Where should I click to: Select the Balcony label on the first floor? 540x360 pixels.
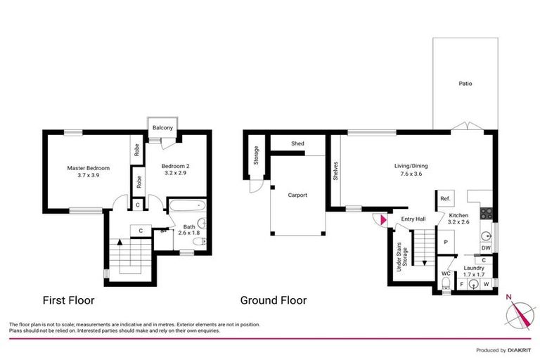tap(163, 127)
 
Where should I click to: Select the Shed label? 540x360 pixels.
tap(298, 143)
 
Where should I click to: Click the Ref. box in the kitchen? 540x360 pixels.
tap(445, 199)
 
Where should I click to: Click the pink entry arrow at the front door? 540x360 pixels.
tap(382, 221)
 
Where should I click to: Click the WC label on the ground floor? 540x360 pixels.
tap(445, 273)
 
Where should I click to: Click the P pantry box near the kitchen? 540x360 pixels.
tap(446, 242)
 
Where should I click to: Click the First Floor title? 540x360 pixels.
tap(68, 300)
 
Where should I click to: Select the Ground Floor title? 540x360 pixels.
tap(274, 300)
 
